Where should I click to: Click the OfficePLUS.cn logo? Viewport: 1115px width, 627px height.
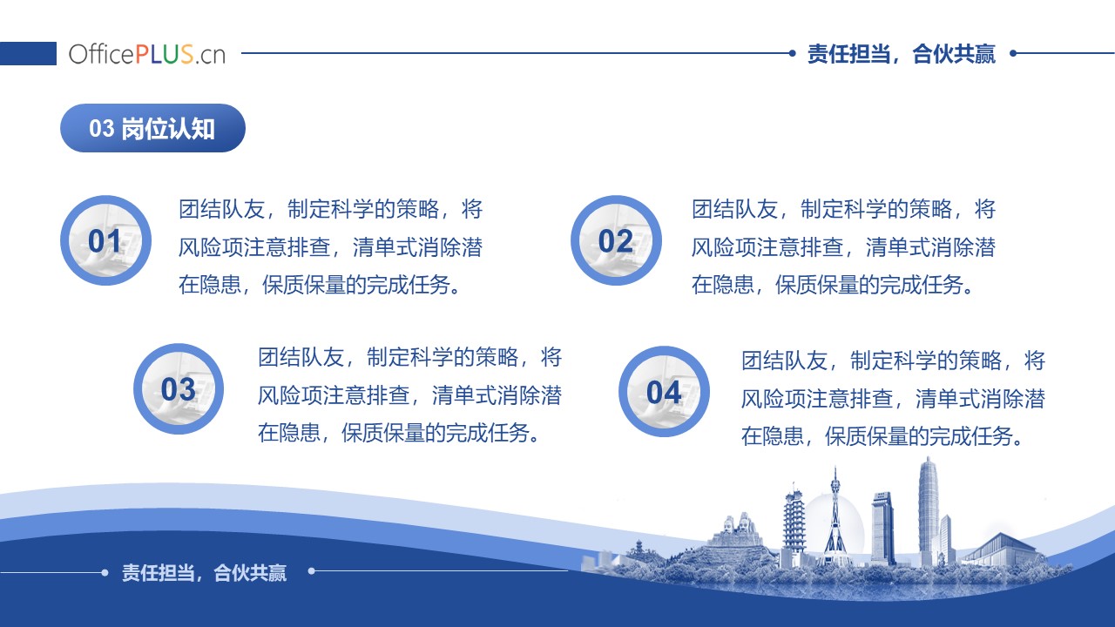(147, 54)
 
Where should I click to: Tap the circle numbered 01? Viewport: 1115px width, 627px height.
(105, 240)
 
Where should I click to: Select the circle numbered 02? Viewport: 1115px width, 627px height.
(616, 240)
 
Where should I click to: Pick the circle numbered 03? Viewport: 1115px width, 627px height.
(179, 388)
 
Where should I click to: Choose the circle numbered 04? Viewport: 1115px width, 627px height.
(664, 392)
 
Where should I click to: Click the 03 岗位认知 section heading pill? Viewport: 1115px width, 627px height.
(152, 128)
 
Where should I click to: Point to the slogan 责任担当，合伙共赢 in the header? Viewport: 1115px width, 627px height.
(901, 54)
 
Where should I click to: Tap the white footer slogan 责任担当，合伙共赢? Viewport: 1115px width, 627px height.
(204, 573)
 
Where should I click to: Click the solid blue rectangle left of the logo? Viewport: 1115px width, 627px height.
(28, 53)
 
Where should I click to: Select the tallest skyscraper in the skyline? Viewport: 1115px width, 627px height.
(928, 513)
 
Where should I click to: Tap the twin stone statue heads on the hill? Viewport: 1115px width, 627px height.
(737, 524)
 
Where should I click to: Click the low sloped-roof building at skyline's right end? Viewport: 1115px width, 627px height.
(1001, 549)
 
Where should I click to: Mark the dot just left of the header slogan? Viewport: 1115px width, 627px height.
(793, 53)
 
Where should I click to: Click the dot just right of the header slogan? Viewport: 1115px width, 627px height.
(1013, 53)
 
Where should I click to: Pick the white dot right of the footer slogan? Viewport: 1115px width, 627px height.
(312, 571)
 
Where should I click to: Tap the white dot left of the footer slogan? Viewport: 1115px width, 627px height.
(105, 573)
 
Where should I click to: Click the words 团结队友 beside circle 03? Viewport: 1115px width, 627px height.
(301, 357)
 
